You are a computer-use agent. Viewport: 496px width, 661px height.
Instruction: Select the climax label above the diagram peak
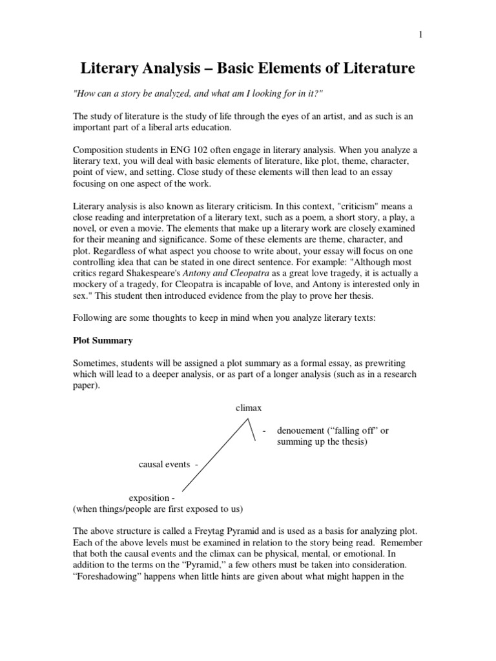pyautogui.click(x=249, y=408)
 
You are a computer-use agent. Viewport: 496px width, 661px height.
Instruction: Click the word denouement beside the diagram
pyautogui.click(x=303, y=431)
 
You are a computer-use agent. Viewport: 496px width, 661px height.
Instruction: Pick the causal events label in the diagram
pyautogui.click(x=165, y=464)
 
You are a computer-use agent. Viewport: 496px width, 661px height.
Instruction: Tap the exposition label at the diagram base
pyautogui.click(x=151, y=498)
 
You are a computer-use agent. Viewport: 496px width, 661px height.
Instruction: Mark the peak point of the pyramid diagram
pyautogui.click(x=249, y=420)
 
